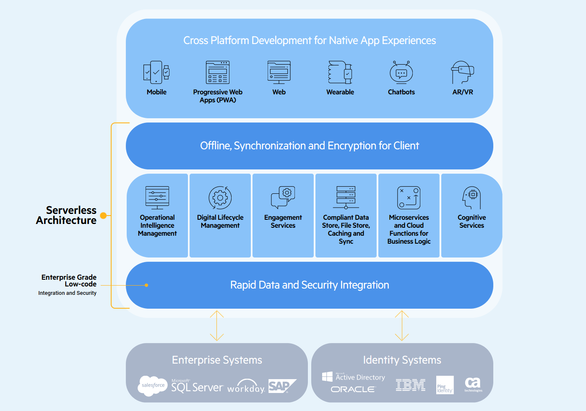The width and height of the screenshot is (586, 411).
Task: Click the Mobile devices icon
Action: point(156,72)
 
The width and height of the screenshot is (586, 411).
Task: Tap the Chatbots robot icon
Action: point(401,72)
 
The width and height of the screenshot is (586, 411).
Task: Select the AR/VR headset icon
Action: point(463,72)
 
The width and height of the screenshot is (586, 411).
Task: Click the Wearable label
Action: point(340,92)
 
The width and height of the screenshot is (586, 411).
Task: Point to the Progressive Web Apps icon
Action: point(218,72)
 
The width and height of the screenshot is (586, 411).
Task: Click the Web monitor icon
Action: point(279,72)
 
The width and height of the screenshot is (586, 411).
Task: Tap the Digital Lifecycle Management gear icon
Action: point(220,198)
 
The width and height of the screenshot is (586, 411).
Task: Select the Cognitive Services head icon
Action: point(471,198)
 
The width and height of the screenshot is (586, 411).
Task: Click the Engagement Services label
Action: point(283,221)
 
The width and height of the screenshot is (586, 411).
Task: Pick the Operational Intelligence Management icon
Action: point(157,198)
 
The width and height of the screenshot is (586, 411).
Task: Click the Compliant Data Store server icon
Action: point(346,198)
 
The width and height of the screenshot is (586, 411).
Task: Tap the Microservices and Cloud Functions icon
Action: point(409,198)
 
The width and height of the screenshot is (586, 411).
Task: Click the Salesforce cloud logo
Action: point(153,385)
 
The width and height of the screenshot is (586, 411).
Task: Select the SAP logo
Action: point(282,385)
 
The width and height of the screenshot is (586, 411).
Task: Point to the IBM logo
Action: point(411,385)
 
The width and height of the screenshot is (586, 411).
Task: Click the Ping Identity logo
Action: point(445,385)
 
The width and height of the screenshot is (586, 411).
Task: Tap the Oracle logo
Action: point(353,389)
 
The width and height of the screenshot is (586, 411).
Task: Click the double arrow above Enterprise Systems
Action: point(217,325)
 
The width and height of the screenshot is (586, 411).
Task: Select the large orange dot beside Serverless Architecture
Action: point(103,215)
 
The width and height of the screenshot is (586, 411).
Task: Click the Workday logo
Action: point(246,386)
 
